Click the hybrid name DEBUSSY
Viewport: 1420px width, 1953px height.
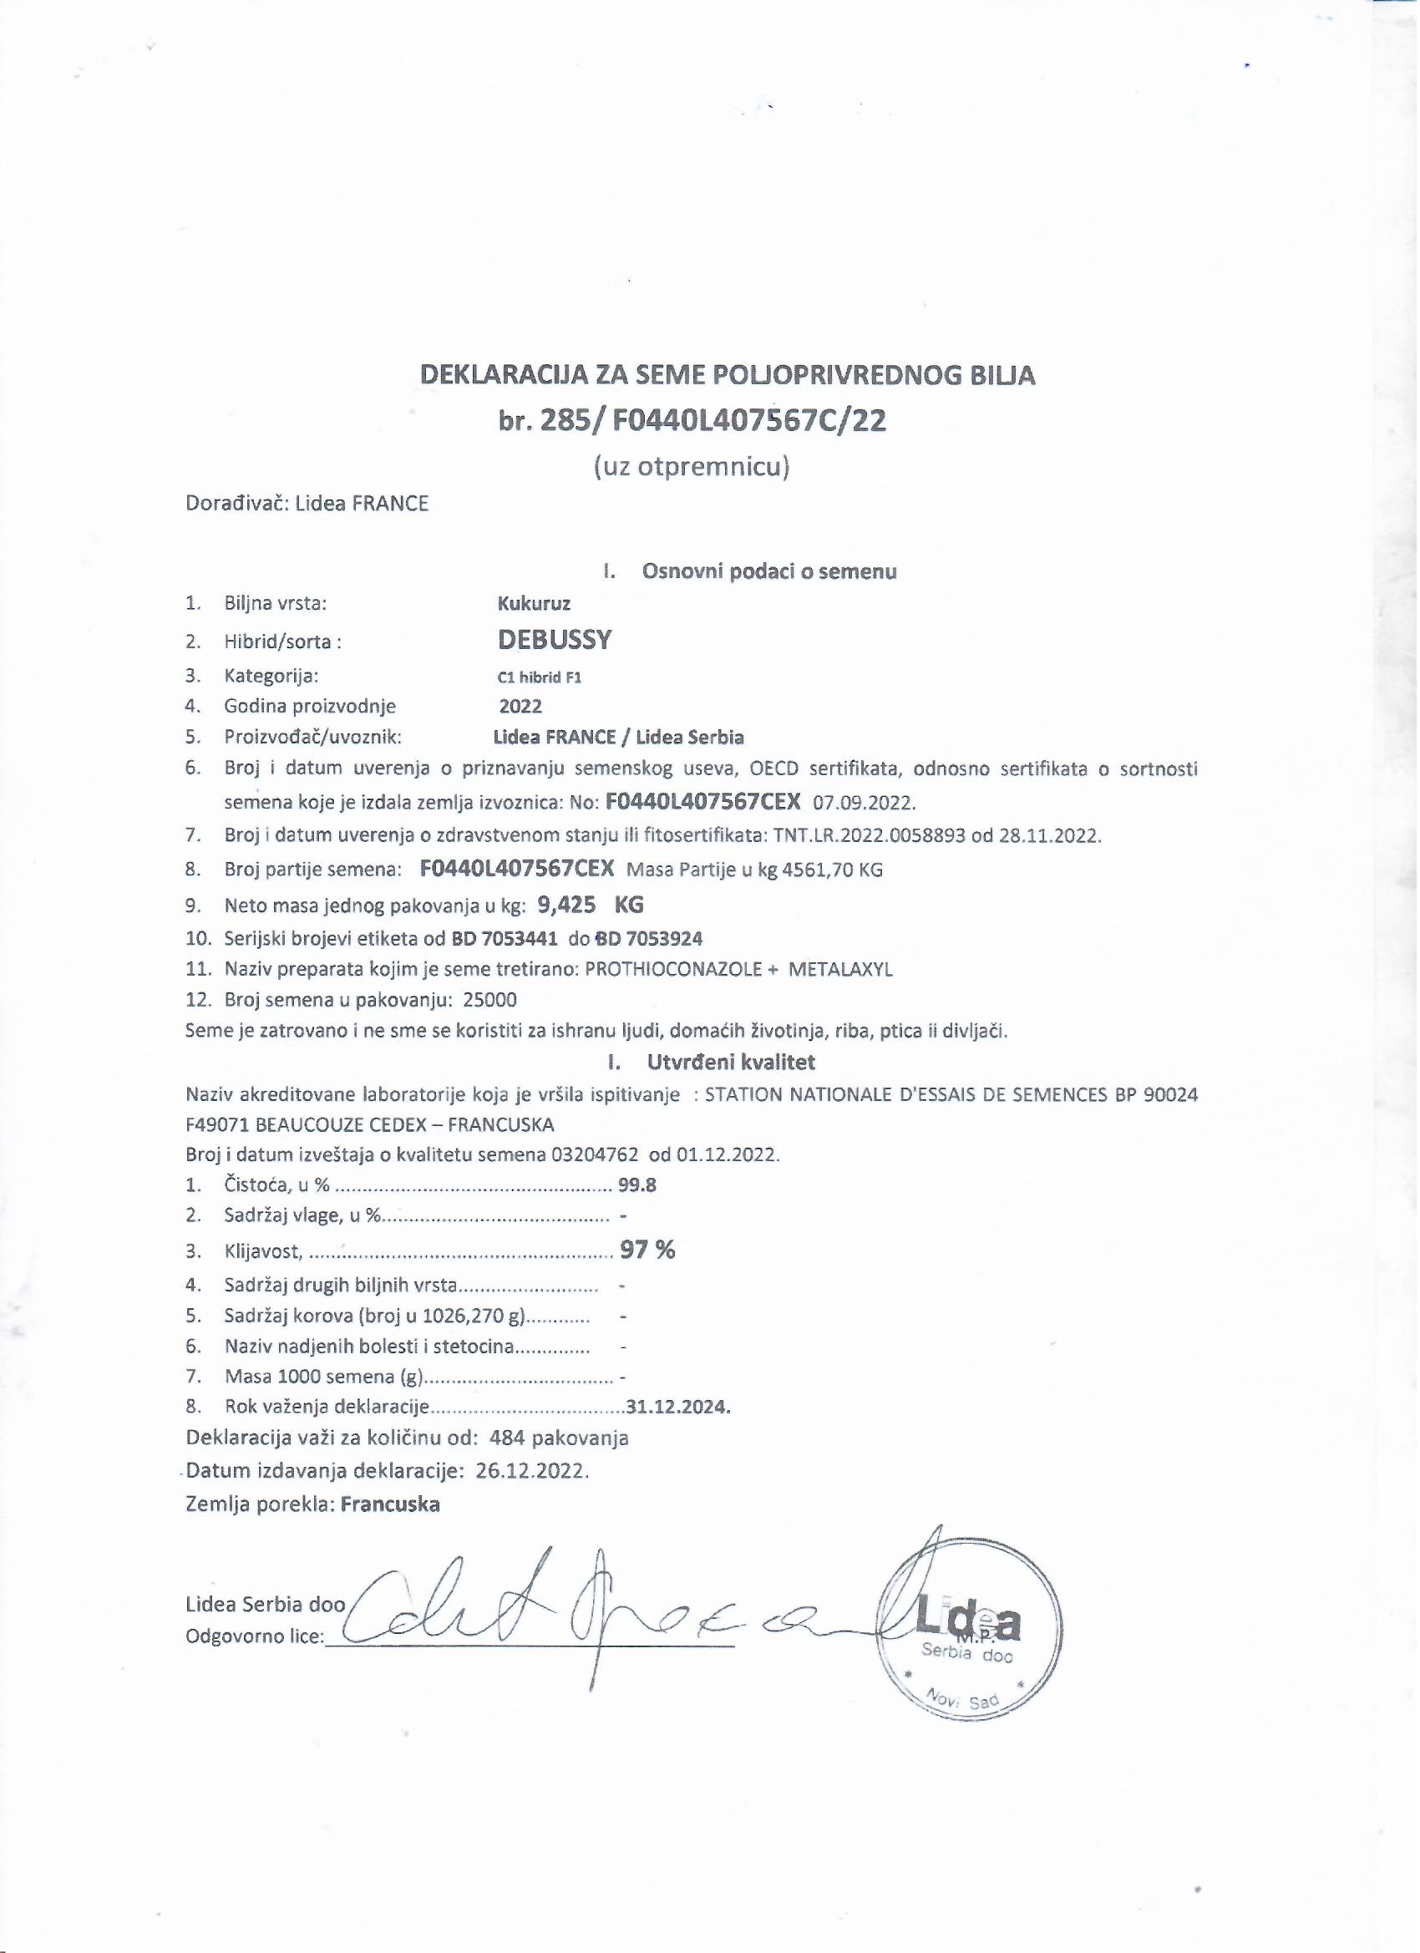pyautogui.click(x=555, y=640)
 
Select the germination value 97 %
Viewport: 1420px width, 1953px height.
pyautogui.click(x=647, y=1250)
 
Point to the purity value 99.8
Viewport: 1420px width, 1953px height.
pyautogui.click(x=637, y=1184)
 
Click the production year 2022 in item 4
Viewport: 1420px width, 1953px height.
pyautogui.click(x=521, y=707)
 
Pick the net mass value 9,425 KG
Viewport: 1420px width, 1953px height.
pyautogui.click(x=590, y=904)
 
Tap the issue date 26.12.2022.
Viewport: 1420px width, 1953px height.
pyautogui.click(x=532, y=1471)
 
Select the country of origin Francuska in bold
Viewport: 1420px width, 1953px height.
pyautogui.click(x=390, y=1504)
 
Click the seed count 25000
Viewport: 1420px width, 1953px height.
pyautogui.click(x=490, y=1000)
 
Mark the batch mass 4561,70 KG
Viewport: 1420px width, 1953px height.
pyautogui.click(x=831, y=870)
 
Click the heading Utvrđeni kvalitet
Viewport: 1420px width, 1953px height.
pyautogui.click(x=730, y=1063)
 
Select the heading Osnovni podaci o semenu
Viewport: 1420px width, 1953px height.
pyautogui.click(x=769, y=571)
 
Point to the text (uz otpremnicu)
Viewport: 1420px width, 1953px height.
pyautogui.click(x=692, y=468)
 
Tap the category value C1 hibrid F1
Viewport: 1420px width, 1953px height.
pyautogui.click(x=534, y=677)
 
